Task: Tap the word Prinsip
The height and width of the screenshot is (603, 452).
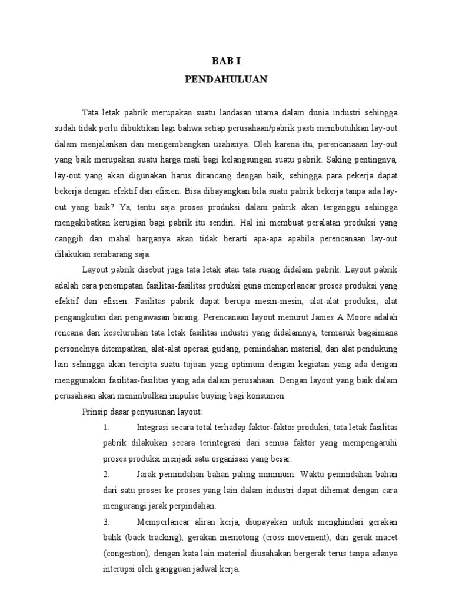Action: coord(95,412)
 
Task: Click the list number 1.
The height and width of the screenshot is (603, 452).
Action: coord(106,428)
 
